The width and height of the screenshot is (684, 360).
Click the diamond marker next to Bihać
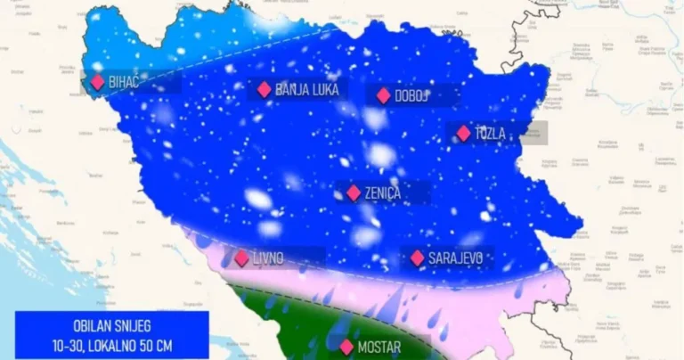[x=97, y=82]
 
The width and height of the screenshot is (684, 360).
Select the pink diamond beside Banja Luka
[x=264, y=89]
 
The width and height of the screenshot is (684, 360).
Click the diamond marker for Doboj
[x=383, y=95]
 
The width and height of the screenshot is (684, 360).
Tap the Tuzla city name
[x=491, y=134]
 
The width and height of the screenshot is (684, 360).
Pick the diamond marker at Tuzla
[x=463, y=133]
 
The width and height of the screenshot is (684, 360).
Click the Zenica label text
[x=383, y=192]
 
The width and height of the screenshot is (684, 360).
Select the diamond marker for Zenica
[x=354, y=192]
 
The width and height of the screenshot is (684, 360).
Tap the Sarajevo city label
[x=455, y=258]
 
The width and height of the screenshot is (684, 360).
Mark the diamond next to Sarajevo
[x=417, y=258]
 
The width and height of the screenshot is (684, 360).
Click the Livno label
[x=267, y=258]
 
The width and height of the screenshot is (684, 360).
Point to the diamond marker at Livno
[x=241, y=258]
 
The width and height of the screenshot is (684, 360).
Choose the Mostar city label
[x=379, y=347]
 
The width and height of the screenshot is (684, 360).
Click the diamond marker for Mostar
[x=347, y=346]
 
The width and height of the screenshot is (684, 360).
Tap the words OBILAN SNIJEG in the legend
[x=111, y=326]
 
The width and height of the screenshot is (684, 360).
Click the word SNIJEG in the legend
[x=134, y=326]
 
